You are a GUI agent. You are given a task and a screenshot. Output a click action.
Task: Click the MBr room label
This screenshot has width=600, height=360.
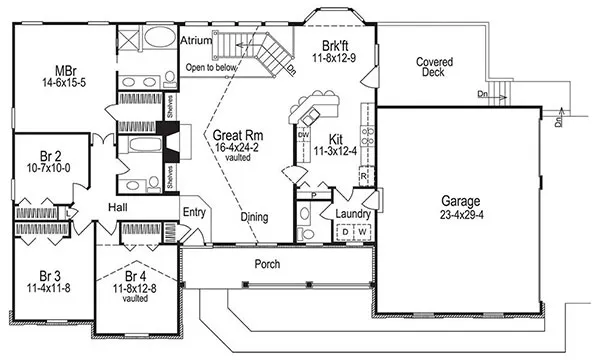pyautogui.click(x=67, y=71)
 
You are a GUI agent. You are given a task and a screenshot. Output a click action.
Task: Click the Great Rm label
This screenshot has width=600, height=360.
pyautogui.click(x=236, y=133)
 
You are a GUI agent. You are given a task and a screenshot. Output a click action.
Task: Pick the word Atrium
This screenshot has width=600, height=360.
pyautogui.click(x=196, y=41)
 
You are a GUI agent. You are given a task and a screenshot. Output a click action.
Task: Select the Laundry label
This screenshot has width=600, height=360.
pyautogui.click(x=354, y=213)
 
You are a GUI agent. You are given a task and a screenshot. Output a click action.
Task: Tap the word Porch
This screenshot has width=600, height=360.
pyautogui.click(x=266, y=265)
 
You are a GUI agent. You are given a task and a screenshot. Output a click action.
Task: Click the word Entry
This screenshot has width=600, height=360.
pyautogui.click(x=194, y=212)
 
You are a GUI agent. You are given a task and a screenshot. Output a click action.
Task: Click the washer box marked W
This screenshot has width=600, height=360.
pyautogui.click(x=365, y=233)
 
